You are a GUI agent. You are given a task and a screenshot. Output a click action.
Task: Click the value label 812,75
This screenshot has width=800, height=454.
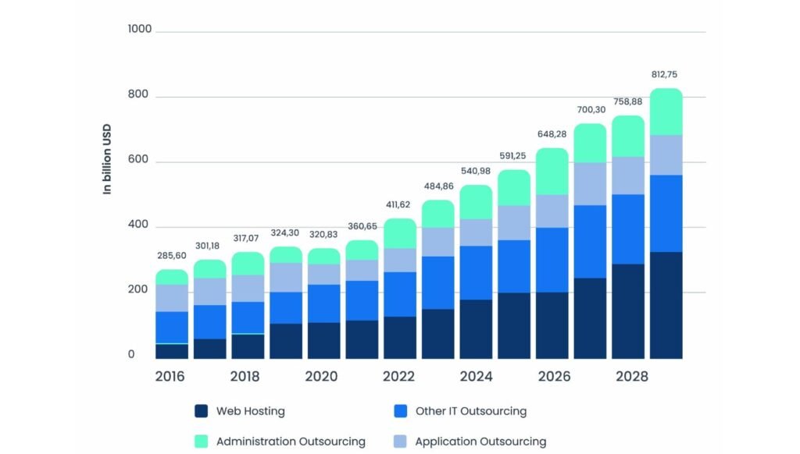coord(666,75)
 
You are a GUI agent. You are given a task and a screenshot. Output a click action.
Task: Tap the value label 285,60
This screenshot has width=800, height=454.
coord(171,256)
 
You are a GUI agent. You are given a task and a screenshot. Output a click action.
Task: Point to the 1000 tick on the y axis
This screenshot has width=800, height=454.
coord(141,29)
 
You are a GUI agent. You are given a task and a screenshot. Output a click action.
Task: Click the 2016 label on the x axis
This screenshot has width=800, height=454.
coord(170,377)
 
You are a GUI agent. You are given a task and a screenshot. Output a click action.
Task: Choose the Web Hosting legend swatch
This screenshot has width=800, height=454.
coord(202,411)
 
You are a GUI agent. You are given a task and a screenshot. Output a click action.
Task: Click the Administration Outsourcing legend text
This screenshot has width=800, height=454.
coord(291,442)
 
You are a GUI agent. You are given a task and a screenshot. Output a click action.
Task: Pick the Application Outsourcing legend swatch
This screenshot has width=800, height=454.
coord(400,442)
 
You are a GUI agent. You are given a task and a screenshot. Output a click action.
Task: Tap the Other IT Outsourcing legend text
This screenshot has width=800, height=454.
coord(470,411)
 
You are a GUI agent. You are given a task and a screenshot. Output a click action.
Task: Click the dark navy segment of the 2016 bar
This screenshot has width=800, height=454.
coord(172,350)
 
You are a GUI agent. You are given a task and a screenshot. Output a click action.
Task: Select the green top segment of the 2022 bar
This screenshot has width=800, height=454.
coord(399,233)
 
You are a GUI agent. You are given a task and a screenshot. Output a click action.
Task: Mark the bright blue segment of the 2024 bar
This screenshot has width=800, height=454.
coord(476,272)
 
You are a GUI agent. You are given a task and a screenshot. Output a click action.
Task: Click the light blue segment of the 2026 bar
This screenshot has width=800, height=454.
coord(552,211)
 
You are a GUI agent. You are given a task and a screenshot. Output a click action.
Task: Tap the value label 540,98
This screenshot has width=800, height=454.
coord(476,171)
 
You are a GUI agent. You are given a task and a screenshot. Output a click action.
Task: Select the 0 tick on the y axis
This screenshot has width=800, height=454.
coord(131,355)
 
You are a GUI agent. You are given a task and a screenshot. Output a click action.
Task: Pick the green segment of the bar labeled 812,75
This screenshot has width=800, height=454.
coord(666,112)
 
